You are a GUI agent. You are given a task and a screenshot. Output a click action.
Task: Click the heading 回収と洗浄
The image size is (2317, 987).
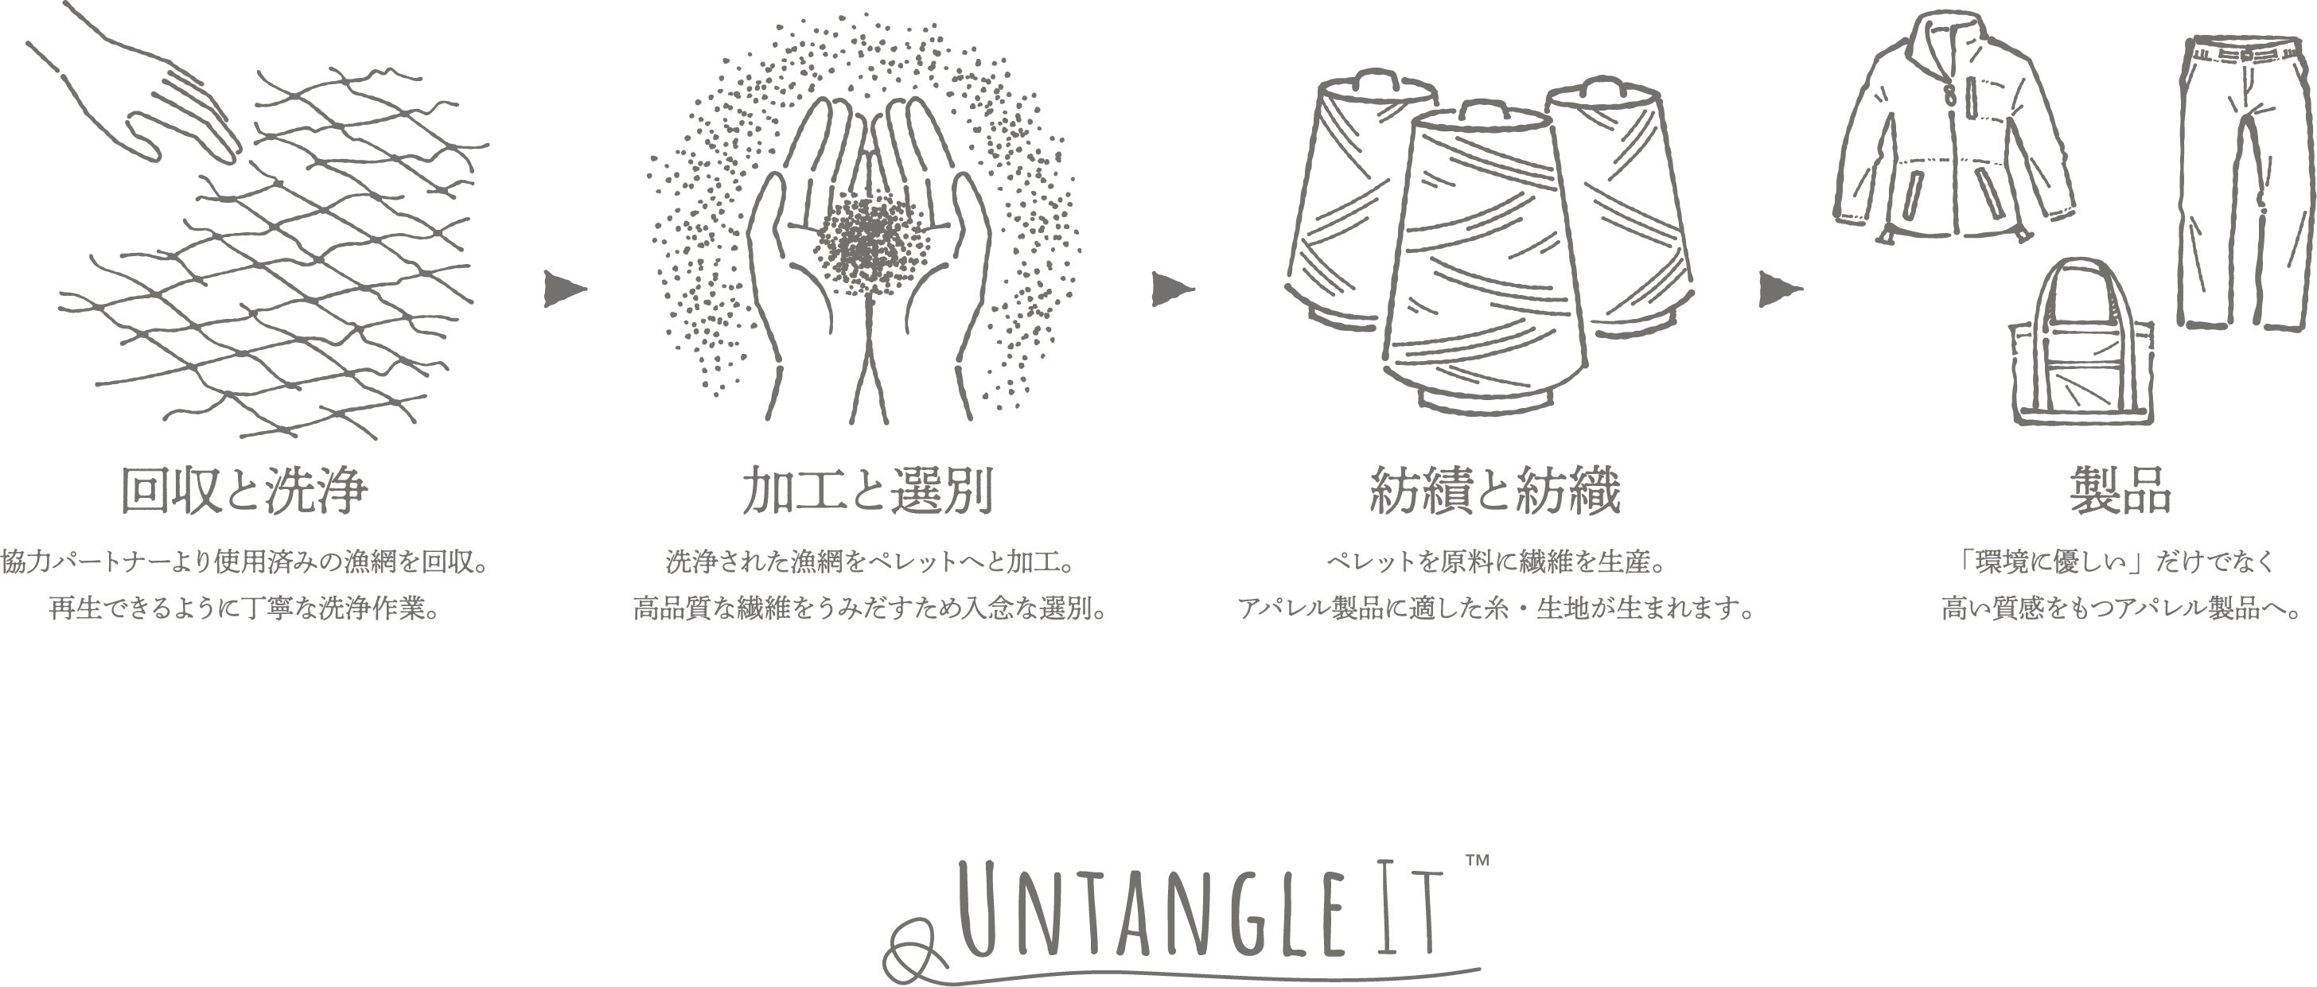(244, 491)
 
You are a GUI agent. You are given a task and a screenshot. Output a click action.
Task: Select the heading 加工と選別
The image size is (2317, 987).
(868, 491)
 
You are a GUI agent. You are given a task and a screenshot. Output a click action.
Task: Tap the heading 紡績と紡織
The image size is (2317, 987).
(1495, 491)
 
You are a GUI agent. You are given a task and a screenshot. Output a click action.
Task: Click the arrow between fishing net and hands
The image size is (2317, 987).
(564, 289)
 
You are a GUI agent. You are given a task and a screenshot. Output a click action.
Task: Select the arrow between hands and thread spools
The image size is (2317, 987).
(1173, 289)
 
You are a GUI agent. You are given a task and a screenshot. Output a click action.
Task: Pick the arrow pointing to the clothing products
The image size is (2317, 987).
(1781, 289)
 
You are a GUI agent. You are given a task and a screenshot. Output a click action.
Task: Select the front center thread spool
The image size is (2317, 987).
(1484, 261)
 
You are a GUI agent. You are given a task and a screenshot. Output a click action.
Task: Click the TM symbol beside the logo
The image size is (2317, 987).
(1477, 861)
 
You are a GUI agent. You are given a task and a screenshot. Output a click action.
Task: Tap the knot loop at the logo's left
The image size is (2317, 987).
(910, 950)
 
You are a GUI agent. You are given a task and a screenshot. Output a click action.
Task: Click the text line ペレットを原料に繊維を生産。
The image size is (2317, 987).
(1496, 562)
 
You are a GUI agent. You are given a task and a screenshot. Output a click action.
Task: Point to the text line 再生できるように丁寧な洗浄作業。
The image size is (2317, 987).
(244, 608)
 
